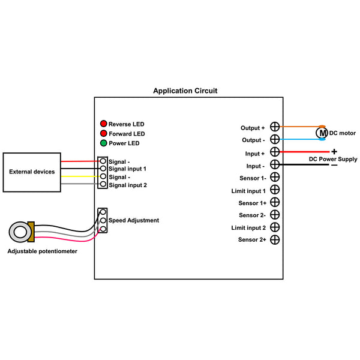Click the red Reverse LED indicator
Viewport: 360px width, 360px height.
(104, 124)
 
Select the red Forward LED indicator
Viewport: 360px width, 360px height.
(104, 133)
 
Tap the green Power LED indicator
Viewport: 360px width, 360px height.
(104, 143)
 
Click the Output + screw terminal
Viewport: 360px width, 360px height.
(275, 127)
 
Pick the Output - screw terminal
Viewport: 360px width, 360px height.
(275, 139)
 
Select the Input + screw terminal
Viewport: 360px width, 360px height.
(275, 152)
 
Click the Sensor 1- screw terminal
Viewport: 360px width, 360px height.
(275, 177)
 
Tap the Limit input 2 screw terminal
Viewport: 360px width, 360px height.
(275, 227)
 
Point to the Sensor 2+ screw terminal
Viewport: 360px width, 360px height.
(275, 239)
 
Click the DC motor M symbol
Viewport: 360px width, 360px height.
(322, 133)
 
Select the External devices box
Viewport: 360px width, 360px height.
(32, 172)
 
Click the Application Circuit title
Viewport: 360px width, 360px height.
(185, 91)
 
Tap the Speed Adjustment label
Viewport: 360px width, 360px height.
(134, 220)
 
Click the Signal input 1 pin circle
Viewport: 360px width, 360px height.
(103, 169)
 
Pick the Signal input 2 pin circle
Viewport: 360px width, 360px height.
(103, 184)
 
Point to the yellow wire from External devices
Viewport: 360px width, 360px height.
(80, 176)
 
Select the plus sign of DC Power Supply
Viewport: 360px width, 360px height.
(334, 152)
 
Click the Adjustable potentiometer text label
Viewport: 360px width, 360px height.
(42, 251)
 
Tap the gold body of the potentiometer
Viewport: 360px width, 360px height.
(31, 232)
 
